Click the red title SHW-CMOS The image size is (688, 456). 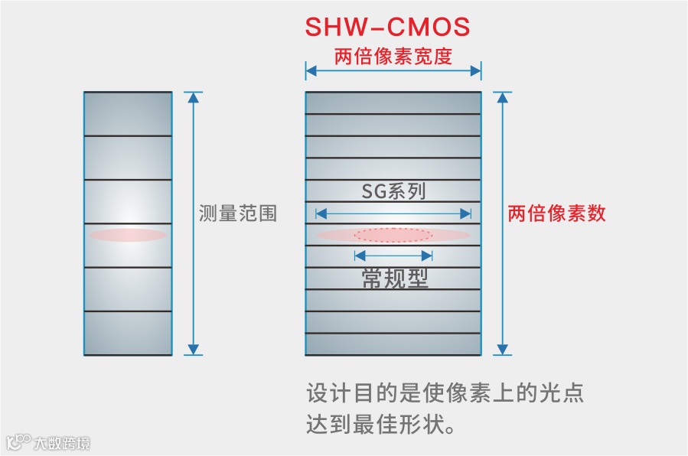click(x=387, y=28)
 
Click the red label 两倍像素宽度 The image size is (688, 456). click(x=393, y=56)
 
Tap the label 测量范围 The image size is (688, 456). click(x=237, y=213)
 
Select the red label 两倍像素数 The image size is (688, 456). click(x=556, y=213)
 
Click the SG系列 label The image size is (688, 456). click(x=393, y=191)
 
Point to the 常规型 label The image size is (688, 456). click(x=394, y=278)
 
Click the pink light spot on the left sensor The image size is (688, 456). click(x=128, y=235)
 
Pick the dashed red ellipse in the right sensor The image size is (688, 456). click(x=394, y=235)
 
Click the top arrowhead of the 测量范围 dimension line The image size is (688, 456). click(x=194, y=98)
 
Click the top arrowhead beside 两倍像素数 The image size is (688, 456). click(x=503, y=98)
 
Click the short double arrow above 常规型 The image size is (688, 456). click(x=394, y=255)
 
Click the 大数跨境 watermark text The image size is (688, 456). click(x=61, y=442)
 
